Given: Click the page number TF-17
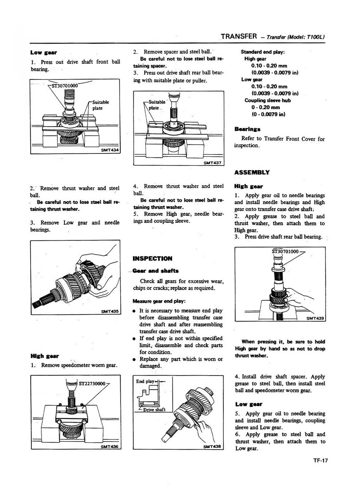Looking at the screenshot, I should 320,460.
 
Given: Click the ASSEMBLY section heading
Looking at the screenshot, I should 252,172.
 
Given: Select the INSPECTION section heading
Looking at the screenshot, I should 152,259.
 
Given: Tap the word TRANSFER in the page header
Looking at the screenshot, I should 239,36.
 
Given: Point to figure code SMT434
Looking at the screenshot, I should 110,150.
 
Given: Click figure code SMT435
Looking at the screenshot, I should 110,311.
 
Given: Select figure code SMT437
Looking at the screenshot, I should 212,163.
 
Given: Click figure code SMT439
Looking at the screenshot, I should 315,318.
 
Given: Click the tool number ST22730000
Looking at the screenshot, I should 92,384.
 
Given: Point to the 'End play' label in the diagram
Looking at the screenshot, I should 145,381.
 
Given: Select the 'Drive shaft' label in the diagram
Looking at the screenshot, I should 154,409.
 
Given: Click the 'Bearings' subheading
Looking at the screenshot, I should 247,129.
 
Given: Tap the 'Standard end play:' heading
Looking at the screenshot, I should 262,52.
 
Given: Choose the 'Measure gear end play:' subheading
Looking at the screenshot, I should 159,301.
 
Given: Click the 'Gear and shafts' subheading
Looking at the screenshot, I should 156,271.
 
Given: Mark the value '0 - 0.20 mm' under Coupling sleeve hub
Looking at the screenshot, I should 265,107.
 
